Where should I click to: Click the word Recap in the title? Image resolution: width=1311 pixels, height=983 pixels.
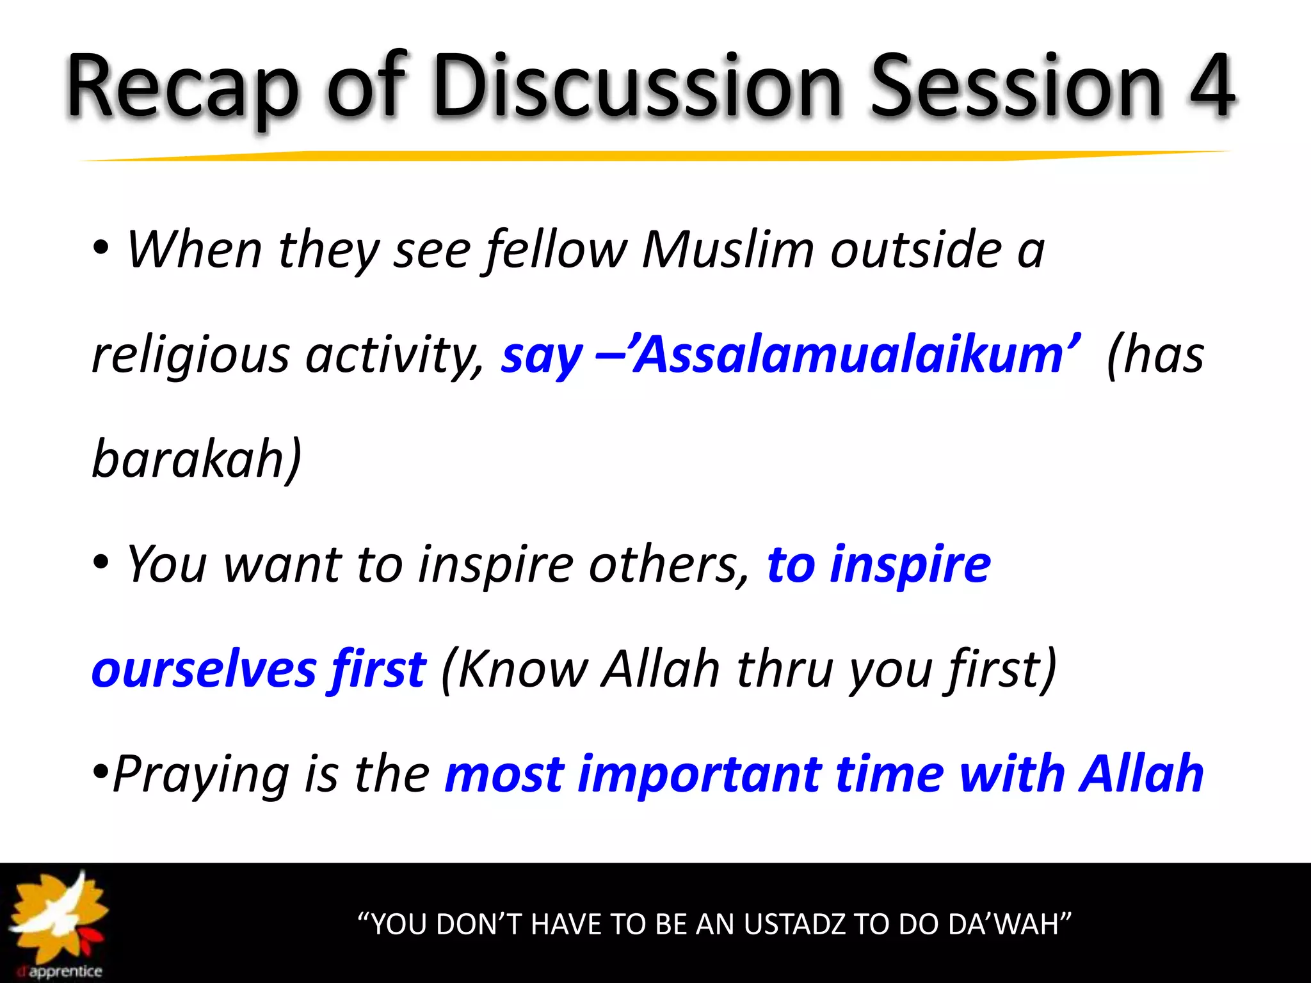(182, 86)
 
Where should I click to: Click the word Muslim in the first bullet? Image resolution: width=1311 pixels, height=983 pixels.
(728, 250)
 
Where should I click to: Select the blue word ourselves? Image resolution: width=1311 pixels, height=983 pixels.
(203, 669)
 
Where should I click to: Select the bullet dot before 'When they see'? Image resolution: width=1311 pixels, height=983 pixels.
(101, 250)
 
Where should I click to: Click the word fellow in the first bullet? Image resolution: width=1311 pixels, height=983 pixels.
(557, 250)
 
